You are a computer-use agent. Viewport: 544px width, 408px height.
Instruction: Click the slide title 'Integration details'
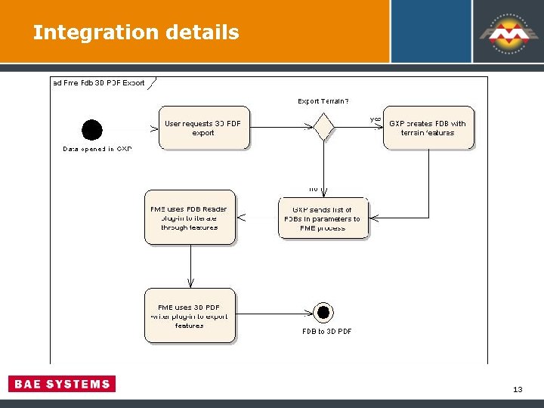[x=136, y=32]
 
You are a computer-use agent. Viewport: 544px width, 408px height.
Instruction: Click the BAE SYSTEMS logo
[x=62, y=384]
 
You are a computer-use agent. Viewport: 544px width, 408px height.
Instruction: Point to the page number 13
[x=518, y=389]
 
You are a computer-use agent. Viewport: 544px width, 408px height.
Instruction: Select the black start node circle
[x=92, y=130]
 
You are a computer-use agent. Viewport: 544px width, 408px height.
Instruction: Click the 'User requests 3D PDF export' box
[x=203, y=128]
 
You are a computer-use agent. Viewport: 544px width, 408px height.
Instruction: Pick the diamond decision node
[x=323, y=127]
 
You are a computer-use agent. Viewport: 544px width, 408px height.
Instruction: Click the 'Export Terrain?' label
[x=323, y=101]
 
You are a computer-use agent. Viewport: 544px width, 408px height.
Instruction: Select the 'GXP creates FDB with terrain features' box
[x=428, y=128]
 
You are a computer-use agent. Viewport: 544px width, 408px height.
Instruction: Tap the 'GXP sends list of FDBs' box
[x=323, y=218]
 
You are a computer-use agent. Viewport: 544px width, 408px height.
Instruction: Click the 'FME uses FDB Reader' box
[x=190, y=218]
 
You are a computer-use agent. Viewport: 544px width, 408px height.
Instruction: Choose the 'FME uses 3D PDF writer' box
[x=190, y=315]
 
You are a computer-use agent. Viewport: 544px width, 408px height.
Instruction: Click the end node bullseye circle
[x=323, y=312]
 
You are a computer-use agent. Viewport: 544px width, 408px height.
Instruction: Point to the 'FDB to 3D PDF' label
[x=326, y=331]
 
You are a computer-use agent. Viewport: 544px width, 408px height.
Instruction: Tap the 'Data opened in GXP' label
[x=97, y=149]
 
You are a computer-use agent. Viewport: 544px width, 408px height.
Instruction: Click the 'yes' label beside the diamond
[x=375, y=119]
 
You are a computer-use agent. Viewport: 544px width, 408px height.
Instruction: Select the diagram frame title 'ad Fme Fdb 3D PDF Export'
[x=98, y=83]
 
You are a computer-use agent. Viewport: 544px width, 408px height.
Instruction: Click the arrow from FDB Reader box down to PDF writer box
[x=190, y=266]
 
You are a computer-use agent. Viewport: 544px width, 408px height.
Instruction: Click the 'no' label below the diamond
[x=313, y=189]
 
